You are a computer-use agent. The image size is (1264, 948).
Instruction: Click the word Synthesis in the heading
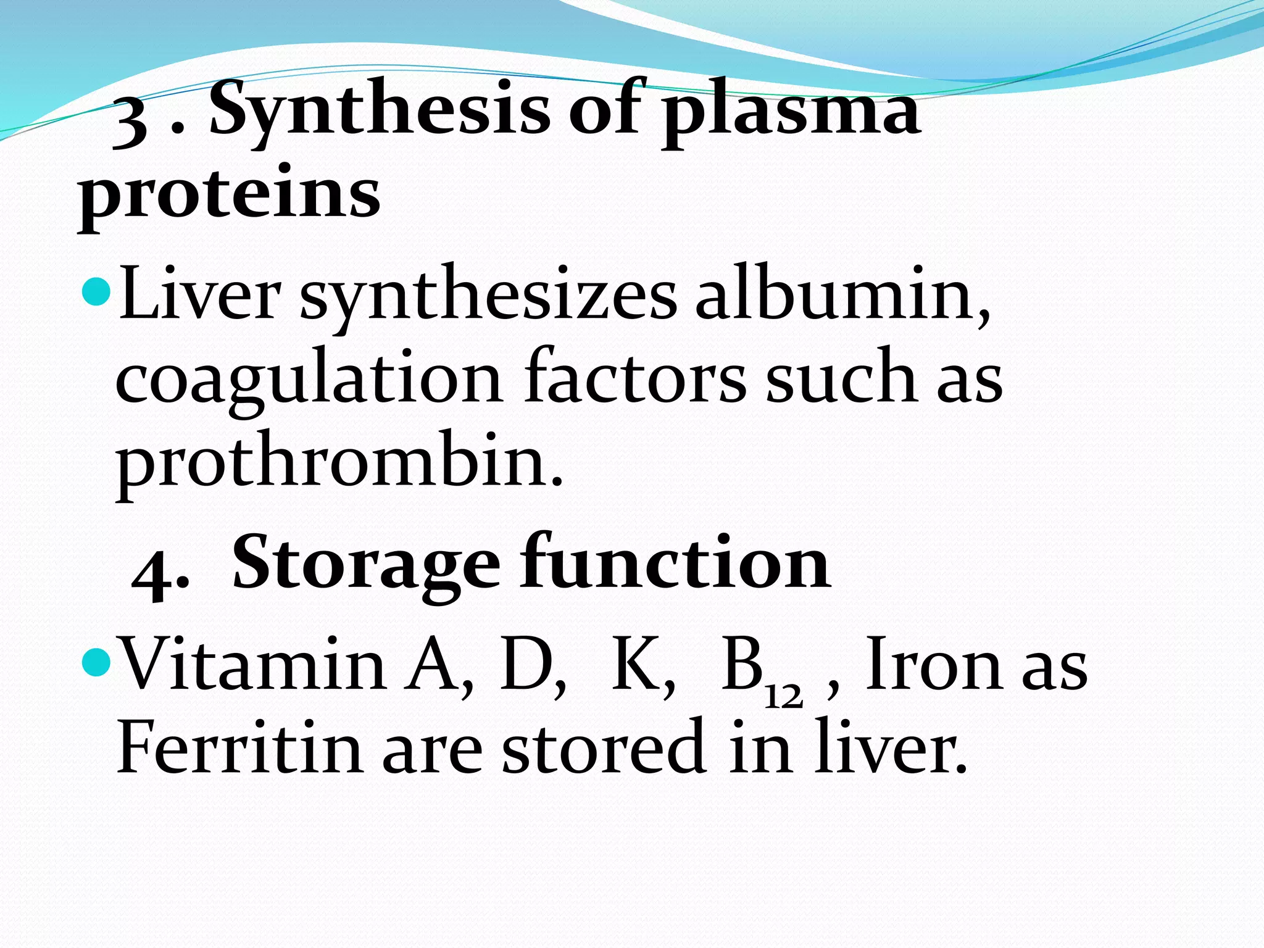click(380, 111)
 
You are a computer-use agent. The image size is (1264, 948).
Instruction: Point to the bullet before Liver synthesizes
click(96, 291)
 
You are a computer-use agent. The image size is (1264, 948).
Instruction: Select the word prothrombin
click(339, 463)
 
